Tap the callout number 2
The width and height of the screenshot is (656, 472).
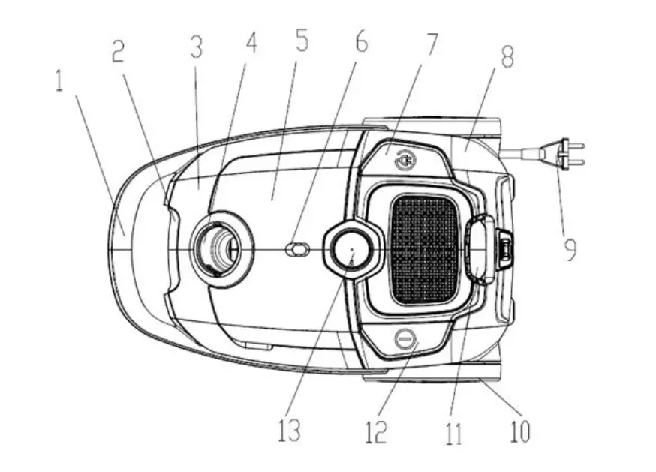pos(119,51)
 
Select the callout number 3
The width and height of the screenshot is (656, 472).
pos(196,49)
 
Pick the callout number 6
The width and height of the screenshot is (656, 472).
pos(361,42)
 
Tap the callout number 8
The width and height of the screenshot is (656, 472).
pos(507,58)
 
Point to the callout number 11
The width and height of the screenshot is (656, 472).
pos(453,434)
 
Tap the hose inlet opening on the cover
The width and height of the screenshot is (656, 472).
pos(218,248)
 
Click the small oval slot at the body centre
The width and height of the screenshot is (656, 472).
pos(298,249)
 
